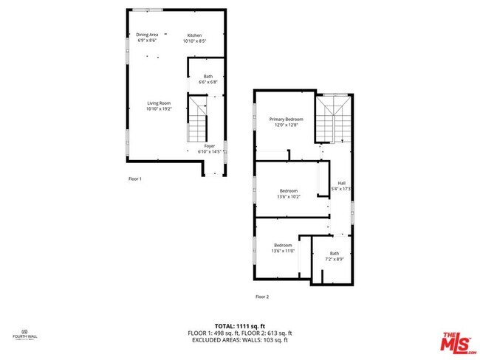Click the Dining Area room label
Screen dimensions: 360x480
tap(147, 35)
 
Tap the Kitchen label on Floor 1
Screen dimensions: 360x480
tap(194, 35)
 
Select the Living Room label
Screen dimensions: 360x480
tap(158, 103)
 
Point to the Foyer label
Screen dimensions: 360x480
tap(210, 146)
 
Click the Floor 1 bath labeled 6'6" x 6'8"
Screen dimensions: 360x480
tap(208, 80)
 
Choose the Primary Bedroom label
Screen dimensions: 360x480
tap(286, 119)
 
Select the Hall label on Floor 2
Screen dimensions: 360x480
tap(341, 183)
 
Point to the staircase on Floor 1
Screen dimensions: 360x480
tap(196, 124)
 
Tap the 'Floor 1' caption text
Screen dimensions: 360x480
tap(134, 179)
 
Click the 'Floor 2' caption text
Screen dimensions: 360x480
tap(262, 297)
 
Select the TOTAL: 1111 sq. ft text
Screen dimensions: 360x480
tap(240, 325)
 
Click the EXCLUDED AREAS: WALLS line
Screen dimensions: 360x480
tap(240, 339)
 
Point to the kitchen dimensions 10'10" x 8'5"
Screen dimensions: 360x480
tap(195, 41)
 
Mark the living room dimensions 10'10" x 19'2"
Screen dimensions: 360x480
tap(158, 109)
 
